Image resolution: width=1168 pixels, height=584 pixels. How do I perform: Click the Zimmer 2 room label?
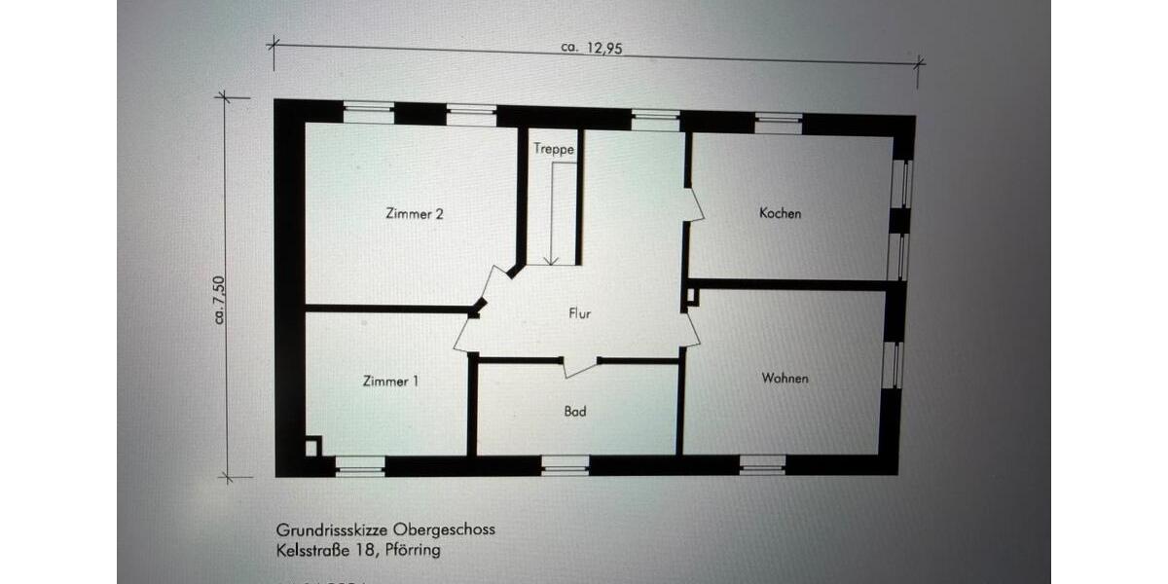tap(415, 214)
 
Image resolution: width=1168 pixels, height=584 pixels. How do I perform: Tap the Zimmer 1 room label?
tap(390, 382)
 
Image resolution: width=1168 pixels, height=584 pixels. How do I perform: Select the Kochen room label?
tap(780, 213)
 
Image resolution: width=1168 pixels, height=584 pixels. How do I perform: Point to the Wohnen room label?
tap(785, 378)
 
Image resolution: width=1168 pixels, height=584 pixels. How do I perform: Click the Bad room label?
tap(575, 412)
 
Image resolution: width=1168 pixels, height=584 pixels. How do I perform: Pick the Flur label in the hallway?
tap(580, 313)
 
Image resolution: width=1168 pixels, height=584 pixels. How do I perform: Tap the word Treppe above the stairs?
tap(553, 150)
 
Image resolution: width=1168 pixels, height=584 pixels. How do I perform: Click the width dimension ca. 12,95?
tap(592, 48)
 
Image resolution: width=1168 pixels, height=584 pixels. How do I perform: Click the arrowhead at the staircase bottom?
tap(551, 260)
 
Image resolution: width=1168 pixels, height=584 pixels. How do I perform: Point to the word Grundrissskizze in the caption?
tap(332, 530)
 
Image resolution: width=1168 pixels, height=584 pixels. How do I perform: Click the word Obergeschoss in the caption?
tap(443, 530)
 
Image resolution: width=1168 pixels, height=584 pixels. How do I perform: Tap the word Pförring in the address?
tap(413, 550)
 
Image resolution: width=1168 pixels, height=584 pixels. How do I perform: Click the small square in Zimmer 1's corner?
tap(311, 447)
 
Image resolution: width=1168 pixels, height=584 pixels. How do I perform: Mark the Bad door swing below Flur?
tap(579, 366)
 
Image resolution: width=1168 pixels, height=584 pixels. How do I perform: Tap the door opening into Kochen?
tap(695, 204)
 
